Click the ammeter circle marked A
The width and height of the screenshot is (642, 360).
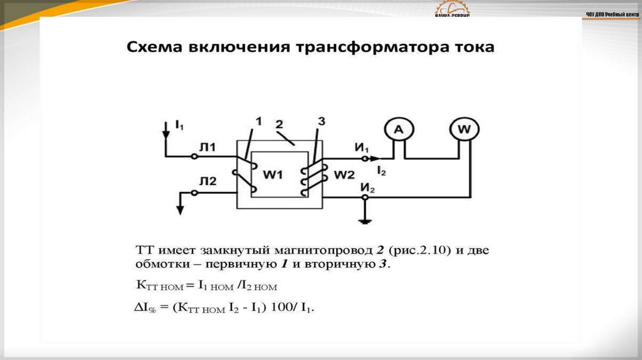396,130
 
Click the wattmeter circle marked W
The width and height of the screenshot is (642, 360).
464,130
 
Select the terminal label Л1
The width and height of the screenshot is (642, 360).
208,148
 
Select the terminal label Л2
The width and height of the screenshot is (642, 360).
208,182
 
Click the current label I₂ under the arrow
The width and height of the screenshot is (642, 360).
381,171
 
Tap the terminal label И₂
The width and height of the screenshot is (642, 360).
367,187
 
